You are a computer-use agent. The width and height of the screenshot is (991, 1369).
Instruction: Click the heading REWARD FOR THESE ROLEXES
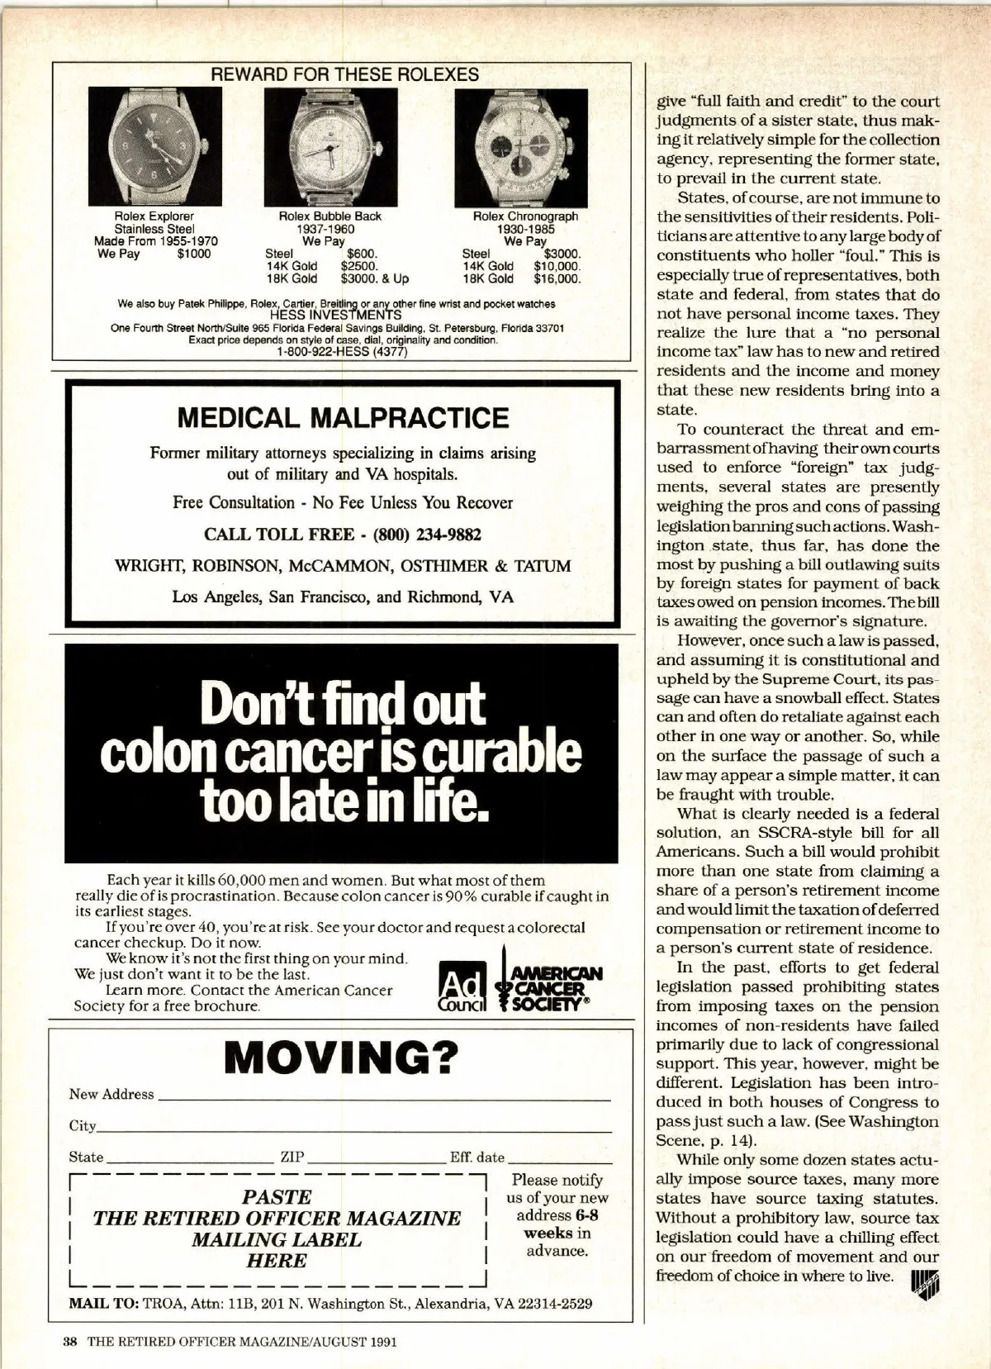(x=345, y=74)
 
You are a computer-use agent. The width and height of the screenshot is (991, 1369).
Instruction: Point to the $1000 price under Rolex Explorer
(x=194, y=254)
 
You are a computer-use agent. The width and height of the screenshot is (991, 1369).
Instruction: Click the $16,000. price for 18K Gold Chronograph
(x=557, y=279)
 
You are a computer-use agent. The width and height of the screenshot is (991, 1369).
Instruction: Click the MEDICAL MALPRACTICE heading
(x=343, y=418)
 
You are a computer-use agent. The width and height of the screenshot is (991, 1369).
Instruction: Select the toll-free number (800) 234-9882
(x=427, y=535)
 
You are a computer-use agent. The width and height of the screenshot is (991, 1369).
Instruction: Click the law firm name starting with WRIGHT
(x=343, y=566)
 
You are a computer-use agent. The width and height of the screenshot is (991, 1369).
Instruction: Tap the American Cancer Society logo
(x=548, y=986)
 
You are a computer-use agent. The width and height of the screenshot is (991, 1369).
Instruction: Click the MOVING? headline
(x=341, y=1058)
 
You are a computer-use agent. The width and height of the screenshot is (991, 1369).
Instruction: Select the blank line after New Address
(x=383, y=1099)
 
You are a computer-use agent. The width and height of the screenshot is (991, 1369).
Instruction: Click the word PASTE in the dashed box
(x=277, y=1197)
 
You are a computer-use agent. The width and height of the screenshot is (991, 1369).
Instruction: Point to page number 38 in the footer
(x=70, y=1342)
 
